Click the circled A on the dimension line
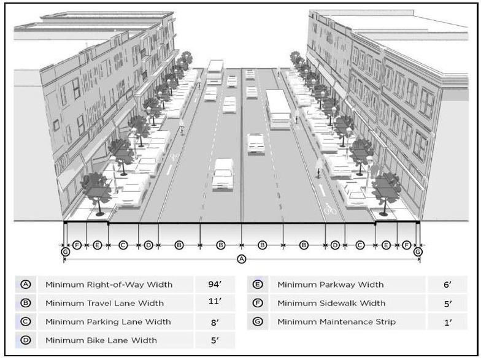pyautogui.click(x=242, y=259)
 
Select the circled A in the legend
pyautogui.click(x=25, y=285)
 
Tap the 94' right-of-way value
pyautogui.click(x=215, y=285)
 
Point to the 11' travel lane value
pyautogui.click(x=215, y=302)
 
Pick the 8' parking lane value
pyautogui.click(x=215, y=321)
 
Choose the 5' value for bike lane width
pyautogui.click(x=215, y=340)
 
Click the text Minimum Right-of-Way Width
pyautogui.click(x=109, y=285)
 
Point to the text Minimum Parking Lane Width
pyautogui.click(x=108, y=321)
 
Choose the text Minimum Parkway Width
pyautogui.click(x=331, y=285)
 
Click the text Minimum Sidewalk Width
pyautogui.click(x=331, y=303)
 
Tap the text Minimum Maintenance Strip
pyautogui.click(x=337, y=321)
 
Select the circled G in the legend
pyautogui.click(x=258, y=321)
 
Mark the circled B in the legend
pyautogui.click(x=25, y=303)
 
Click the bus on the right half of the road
pyautogui.click(x=279, y=109)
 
